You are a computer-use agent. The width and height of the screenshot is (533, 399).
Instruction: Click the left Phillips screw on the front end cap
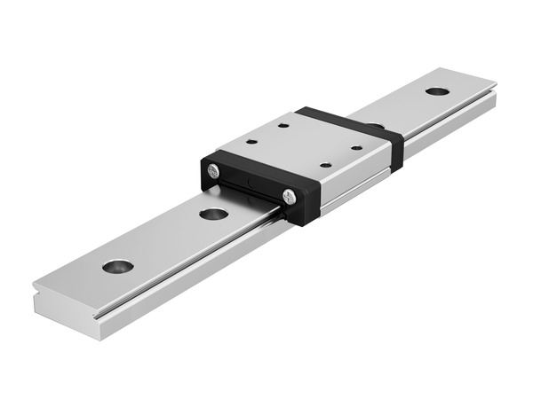(213, 170)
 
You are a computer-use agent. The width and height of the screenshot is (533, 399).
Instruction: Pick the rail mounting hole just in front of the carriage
(213, 214)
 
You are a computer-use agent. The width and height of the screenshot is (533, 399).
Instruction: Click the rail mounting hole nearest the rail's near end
(117, 265)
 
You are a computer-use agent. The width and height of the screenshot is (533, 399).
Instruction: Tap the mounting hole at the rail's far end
(436, 90)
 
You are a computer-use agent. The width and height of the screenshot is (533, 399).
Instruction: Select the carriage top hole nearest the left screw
(251, 141)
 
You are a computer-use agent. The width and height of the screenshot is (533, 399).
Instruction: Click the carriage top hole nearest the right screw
(326, 165)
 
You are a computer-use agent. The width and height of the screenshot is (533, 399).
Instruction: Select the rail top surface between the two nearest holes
(164, 239)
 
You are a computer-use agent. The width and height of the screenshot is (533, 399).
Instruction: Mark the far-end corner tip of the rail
(495, 86)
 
